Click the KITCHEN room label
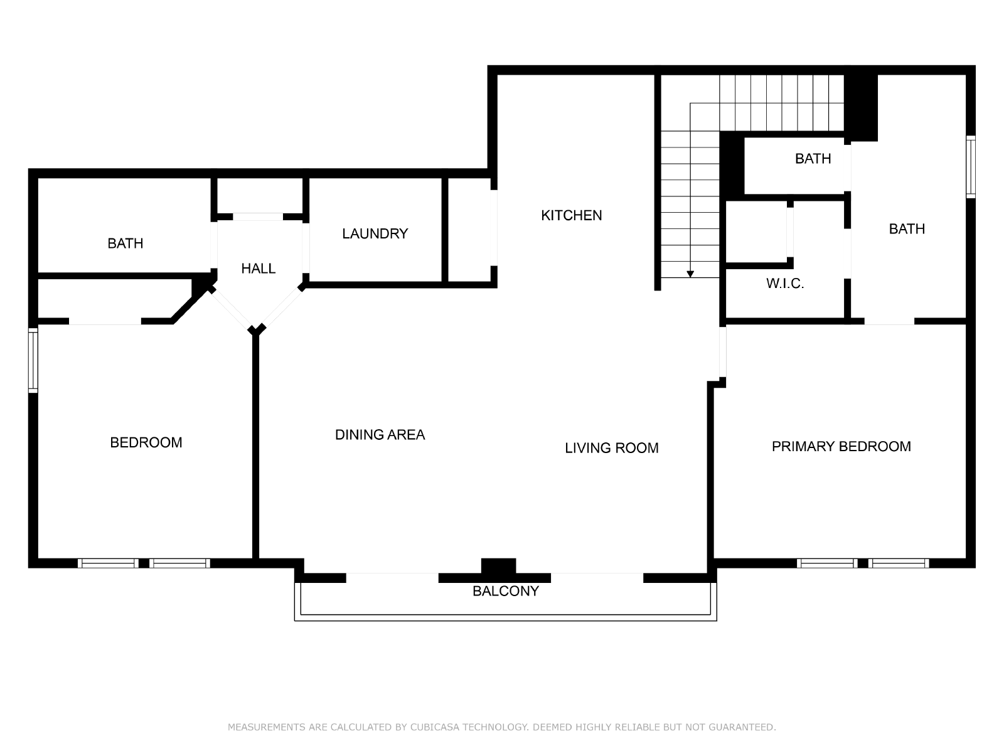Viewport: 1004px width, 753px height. pyautogui.click(x=571, y=215)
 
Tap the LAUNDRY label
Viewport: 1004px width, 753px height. pyautogui.click(x=375, y=233)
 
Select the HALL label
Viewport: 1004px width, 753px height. pyautogui.click(x=259, y=269)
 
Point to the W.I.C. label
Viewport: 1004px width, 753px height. pyautogui.click(x=785, y=284)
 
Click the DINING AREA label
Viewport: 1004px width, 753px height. pyautogui.click(x=380, y=435)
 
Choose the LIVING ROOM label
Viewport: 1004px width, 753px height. pyautogui.click(x=612, y=448)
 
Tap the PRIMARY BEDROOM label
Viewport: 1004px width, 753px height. pyautogui.click(x=841, y=446)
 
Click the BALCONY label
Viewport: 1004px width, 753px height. pyautogui.click(x=505, y=591)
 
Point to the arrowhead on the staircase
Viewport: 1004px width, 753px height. pyautogui.click(x=690, y=274)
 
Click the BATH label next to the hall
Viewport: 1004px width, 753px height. pyautogui.click(x=125, y=243)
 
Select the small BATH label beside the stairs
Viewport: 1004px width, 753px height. pyautogui.click(x=813, y=159)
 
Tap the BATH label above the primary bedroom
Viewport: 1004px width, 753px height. pyautogui.click(x=907, y=228)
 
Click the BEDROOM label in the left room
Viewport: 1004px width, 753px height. pyautogui.click(x=146, y=442)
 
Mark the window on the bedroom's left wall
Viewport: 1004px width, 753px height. pyautogui.click(x=33, y=360)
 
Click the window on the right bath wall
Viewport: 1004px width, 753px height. pyautogui.click(x=971, y=167)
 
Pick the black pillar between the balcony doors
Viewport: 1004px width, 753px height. pyautogui.click(x=499, y=566)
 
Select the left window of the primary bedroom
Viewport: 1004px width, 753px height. pyautogui.click(x=827, y=563)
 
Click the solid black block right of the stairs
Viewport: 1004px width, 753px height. pyautogui.click(x=860, y=108)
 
